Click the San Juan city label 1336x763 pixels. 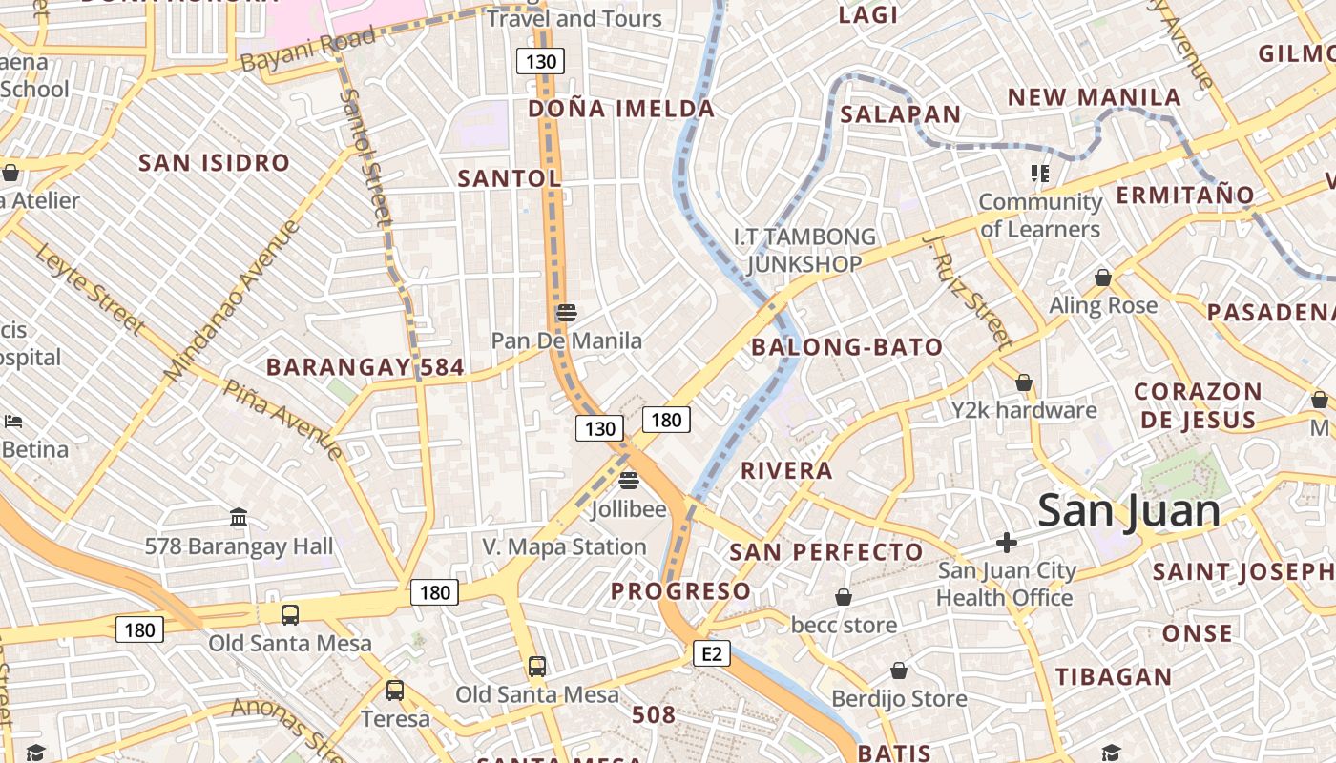coord(1128,510)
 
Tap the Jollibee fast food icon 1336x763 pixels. coord(628,480)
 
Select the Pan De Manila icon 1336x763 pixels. coord(566,312)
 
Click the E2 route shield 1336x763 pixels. coord(712,653)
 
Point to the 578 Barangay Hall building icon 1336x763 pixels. coord(239,518)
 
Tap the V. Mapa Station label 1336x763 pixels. coord(564,546)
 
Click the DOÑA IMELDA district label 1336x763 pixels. coord(621,109)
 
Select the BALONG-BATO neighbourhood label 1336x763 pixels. coord(846,347)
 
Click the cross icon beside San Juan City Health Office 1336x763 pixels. coord(1006,543)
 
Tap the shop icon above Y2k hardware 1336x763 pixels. coord(1024,382)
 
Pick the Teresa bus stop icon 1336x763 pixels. coord(395,690)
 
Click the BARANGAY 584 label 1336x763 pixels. coord(365,367)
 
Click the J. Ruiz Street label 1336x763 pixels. coord(966,291)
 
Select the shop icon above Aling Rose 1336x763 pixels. coord(1103,278)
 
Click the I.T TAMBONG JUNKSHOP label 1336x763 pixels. coord(804,250)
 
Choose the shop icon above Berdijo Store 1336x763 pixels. coord(899,670)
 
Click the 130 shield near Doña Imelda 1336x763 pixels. coord(541,62)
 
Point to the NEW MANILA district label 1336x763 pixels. coord(1094,97)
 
